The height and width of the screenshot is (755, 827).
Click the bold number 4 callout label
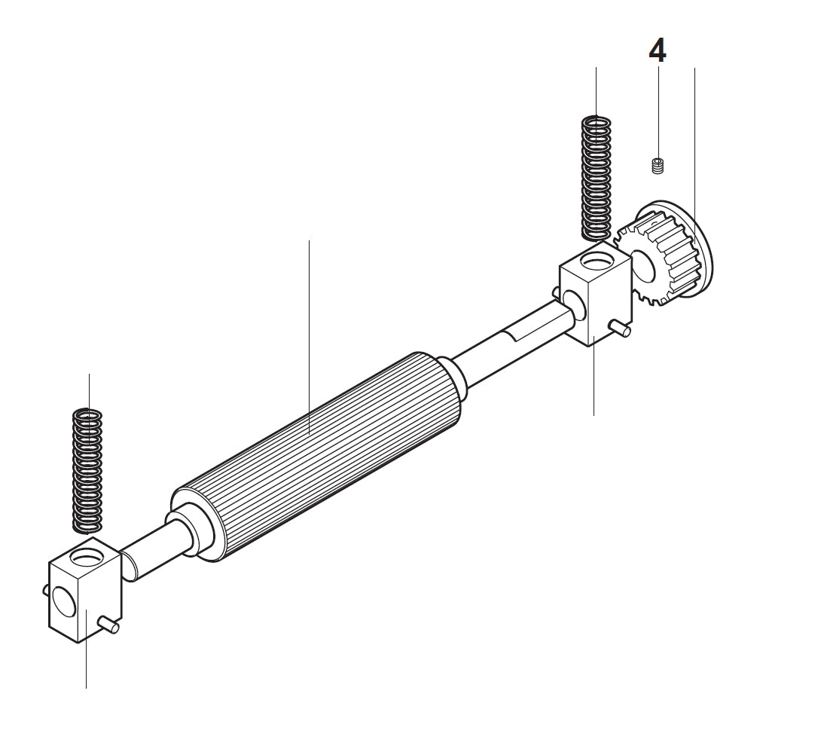point(658,51)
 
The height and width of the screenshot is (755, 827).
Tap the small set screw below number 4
point(658,166)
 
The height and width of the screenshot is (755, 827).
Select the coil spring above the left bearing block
point(87,469)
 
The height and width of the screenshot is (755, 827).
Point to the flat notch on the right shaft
point(527,332)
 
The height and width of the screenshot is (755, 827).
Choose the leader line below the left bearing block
point(86,663)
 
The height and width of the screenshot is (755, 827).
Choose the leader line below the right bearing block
point(594,384)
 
